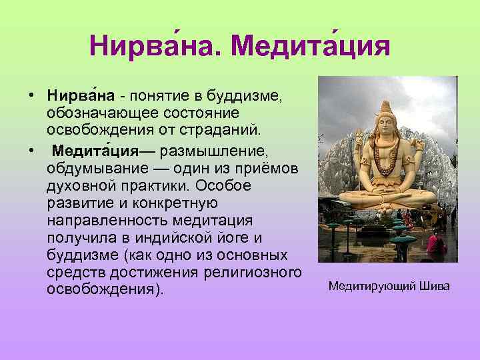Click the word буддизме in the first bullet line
pyautogui.click(x=249, y=98)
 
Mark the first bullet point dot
pyautogui.click(x=31, y=98)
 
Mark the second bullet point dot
pyautogui.click(x=31, y=149)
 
